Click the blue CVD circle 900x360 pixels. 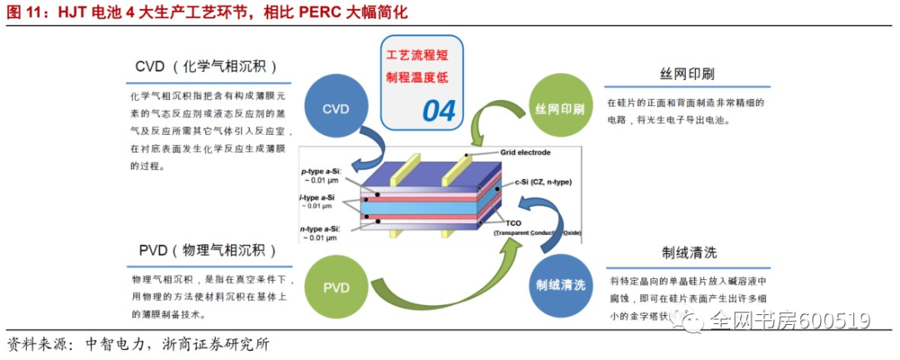335,109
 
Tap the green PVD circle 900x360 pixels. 335,287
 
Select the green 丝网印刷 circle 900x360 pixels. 560,109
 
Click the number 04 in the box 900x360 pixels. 439,110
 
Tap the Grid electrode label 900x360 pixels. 527,152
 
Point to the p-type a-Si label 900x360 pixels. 321,171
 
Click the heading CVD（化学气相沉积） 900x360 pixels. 206,67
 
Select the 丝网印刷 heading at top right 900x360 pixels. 687,73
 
